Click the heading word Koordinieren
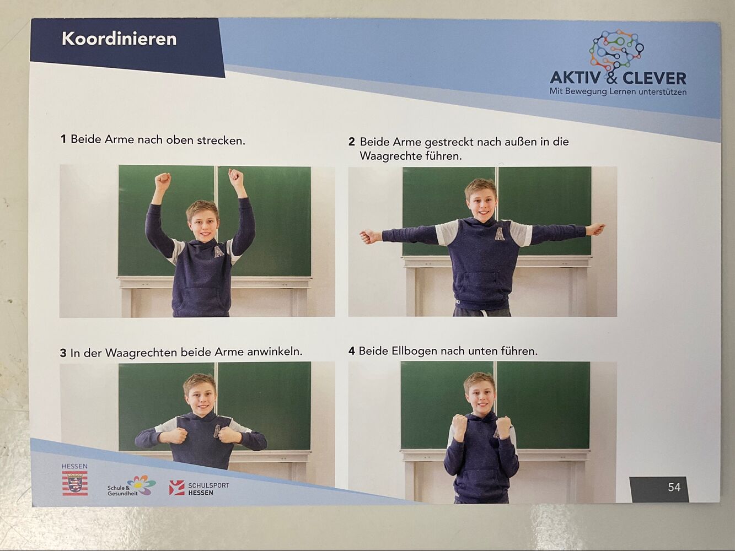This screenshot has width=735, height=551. tap(119, 39)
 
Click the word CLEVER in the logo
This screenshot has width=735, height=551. tap(654, 79)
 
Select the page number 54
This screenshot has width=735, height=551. tap(674, 487)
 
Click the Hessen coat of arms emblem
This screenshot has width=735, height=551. tap(75, 483)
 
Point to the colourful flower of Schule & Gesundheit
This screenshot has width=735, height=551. tap(142, 484)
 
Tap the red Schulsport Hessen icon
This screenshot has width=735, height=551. tap(177, 488)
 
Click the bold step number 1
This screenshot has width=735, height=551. tap(63, 139)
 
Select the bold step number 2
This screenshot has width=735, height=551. tap(351, 142)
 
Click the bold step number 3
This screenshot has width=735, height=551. tap(63, 353)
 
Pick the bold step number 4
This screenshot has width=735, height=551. tap(351, 352)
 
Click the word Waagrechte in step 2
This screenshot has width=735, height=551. tap(391, 156)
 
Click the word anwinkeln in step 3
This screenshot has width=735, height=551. tap(274, 352)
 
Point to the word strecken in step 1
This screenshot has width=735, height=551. tap(221, 141)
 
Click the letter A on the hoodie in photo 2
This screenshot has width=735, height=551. tap(500, 234)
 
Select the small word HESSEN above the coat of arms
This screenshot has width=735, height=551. tap(74, 466)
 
